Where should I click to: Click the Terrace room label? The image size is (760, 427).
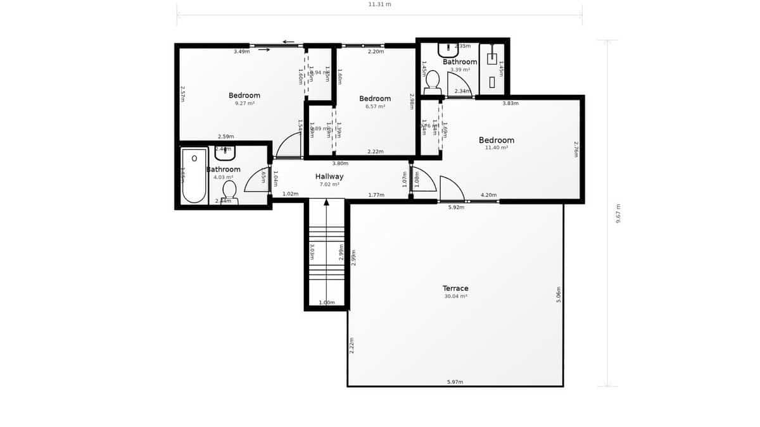455,288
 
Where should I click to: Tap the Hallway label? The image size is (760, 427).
329,176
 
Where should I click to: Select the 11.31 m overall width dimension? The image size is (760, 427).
380,4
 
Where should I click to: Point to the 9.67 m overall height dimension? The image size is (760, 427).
618,213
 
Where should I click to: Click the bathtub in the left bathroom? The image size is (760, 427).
194,175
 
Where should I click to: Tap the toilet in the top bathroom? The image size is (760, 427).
433,82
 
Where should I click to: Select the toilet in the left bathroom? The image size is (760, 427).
229,190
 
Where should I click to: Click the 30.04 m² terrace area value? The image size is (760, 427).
455,296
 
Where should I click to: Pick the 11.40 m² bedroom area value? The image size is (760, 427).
497,147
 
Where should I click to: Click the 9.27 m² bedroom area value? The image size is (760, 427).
244,103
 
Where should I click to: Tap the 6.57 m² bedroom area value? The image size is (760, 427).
375,106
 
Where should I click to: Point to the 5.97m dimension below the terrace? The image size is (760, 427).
455,382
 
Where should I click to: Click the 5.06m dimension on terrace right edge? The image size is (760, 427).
559,294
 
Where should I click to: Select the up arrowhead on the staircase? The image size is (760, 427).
327,202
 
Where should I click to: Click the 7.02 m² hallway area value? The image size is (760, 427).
329,185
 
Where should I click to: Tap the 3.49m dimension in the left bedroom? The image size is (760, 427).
241,51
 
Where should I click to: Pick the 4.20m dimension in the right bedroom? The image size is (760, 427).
488,195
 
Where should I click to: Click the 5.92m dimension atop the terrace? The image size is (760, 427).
456,207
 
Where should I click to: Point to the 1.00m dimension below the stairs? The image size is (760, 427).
327,302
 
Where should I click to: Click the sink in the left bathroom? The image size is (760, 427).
225,152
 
